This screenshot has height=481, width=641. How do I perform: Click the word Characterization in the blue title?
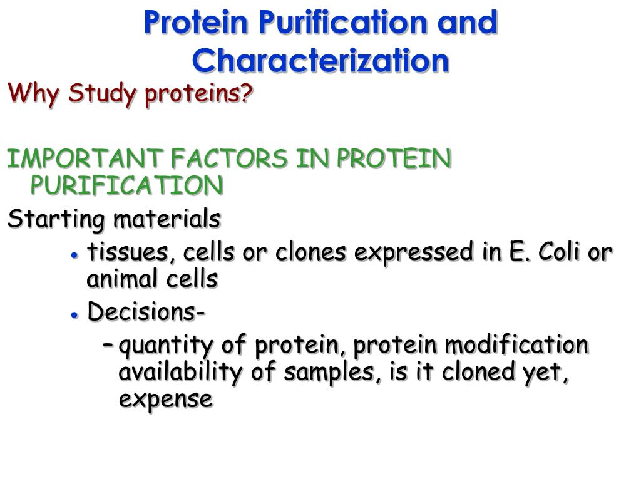(320, 60)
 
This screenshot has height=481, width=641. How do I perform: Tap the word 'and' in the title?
(467, 22)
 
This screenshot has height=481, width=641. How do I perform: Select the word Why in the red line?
(33, 94)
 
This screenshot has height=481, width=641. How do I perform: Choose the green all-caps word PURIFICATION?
(127, 185)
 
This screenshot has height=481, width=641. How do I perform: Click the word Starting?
(56, 219)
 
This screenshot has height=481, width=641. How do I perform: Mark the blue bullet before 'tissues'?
(74, 256)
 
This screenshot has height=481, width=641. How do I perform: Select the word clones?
(310, 252)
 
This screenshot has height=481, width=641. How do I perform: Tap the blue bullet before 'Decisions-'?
(74, 315)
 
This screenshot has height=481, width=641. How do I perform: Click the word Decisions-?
(146, 311)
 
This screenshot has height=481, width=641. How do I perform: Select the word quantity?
(166, 346)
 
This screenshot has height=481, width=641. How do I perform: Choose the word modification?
(516, 344)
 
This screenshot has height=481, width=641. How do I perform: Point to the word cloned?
(478, 371)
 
